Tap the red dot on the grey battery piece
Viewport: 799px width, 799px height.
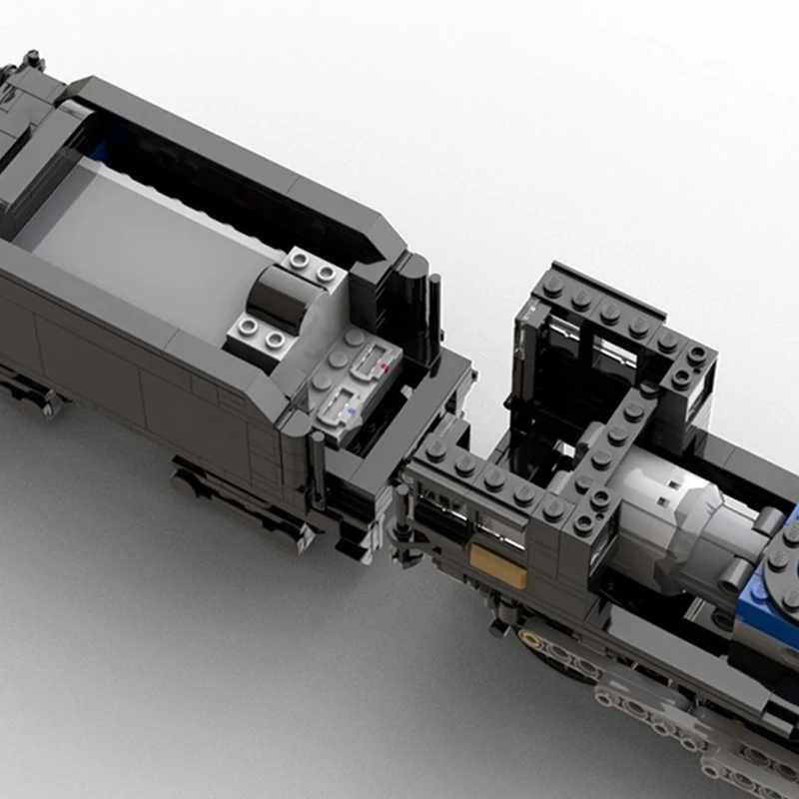(385, 367)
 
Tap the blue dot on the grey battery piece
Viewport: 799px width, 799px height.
(349, 407)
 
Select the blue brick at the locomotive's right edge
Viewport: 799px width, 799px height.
(769, 589)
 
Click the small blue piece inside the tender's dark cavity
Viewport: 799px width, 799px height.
(100, 150)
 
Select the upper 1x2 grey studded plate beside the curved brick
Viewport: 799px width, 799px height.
(312, 266)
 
